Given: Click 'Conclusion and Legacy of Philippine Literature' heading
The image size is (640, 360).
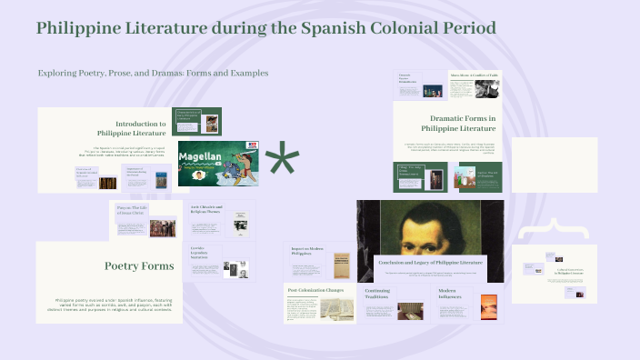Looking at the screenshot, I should (x=431, y=261).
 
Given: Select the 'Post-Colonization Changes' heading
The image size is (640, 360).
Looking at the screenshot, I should (x=315, y=290).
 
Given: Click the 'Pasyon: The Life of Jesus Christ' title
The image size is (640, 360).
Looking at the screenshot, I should (x=131, y=212).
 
